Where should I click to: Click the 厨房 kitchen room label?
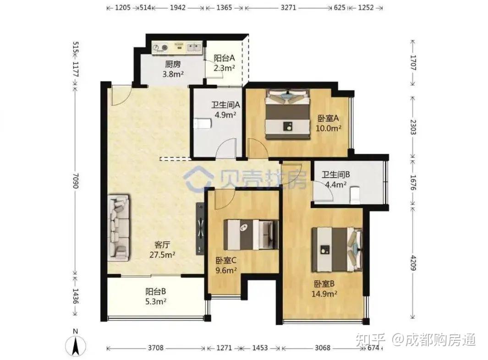point(172,64)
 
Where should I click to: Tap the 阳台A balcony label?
point(224,58)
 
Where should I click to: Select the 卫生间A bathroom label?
point(225,105)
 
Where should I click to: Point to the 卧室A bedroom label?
point(328,118)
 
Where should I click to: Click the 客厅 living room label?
point(162,245)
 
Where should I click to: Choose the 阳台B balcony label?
point(155,292)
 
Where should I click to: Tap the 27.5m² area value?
point(162,255)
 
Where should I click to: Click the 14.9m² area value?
point(324,294)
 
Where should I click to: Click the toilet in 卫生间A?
point(202,124)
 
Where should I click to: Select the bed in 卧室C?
point(251,235)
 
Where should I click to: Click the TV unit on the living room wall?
point(200,229)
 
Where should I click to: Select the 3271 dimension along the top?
point(288,7)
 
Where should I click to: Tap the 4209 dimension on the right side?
point(413,263)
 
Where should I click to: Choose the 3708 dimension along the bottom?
point(155,347)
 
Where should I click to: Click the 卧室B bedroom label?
point(324,284)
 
